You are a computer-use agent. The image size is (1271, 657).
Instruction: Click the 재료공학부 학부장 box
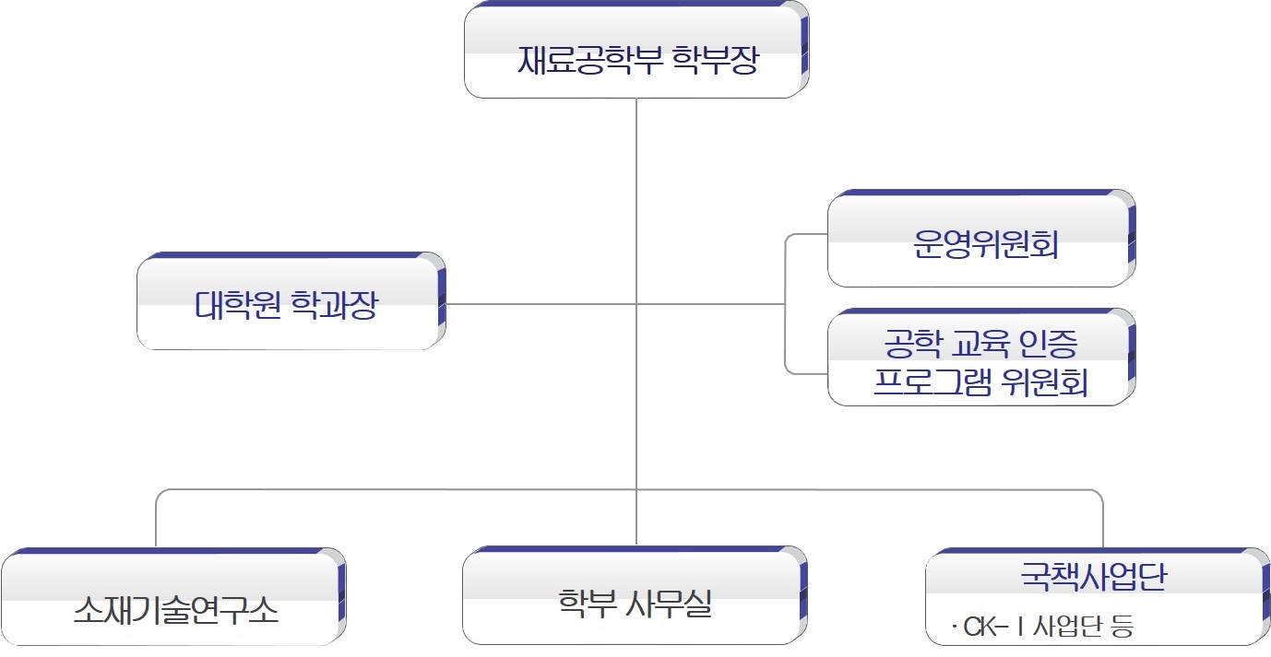click(x=635, y=51)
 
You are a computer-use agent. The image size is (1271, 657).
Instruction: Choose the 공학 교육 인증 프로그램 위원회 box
click(x=980, y=359)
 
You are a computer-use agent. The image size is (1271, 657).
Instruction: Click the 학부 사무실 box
click(x=635, y=596)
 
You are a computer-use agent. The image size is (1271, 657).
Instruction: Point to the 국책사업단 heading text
click(x=1093, y=576)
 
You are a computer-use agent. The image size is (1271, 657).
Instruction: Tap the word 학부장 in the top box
click(x=715, y=62)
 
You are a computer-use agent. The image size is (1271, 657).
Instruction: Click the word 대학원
click(x=239, y=305)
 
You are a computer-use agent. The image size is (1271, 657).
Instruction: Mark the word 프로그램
click(x=932, y=382)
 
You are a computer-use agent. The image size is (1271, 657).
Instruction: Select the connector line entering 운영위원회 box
click(x=806, y=235)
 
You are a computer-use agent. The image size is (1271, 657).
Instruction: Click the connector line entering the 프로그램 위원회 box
click(x=806, y=372)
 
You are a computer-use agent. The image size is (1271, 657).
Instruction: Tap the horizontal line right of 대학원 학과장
click(x=535, y=303)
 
